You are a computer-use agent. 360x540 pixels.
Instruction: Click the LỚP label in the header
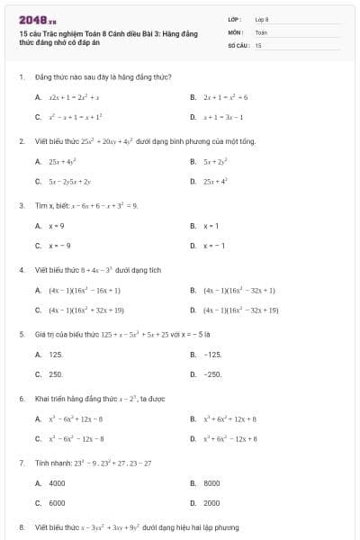234,19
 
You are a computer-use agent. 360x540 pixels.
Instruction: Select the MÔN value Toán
260,31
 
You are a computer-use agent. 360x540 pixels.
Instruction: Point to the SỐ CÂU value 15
258,44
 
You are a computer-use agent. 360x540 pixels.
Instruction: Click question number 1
21,77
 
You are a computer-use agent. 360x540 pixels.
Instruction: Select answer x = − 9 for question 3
58,246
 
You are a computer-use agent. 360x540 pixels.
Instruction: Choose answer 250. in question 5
55,374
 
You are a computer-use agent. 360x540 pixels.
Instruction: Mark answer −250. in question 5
212,374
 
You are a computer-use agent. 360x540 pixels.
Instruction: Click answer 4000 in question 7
57,483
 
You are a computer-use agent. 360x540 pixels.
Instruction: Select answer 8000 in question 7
211,483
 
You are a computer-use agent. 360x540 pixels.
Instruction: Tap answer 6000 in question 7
57,503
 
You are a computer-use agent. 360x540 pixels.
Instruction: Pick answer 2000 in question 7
211,503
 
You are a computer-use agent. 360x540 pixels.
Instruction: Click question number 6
21,398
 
